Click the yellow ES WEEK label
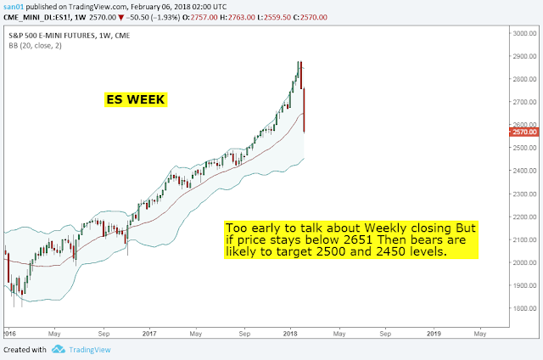[x=134, y=99]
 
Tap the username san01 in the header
[x=14, y=5]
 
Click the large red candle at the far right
[x=303, y=109]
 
